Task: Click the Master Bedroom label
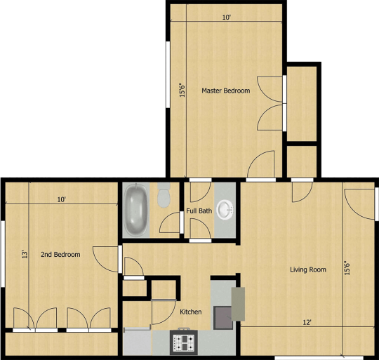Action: [x=226, y=91]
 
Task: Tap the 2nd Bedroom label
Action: [x=60, y=255]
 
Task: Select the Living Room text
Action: [x=308, y=269]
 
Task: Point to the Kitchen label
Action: [x=191, y=312]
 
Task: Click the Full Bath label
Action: [x=199, y=211]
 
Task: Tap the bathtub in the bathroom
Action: [x=136, y=210]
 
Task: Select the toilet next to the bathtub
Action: [x=164, y=195]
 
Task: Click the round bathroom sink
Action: [x=225, y=210]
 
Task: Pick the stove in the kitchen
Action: [x=184, y=342]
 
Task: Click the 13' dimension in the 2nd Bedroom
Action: [x=25, y=255]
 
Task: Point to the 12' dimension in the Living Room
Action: [x=307, y=323]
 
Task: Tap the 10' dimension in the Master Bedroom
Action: [x=227, y=18]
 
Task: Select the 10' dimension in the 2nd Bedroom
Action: [x=61, y=200]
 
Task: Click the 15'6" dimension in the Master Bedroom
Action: [x=182, y=91]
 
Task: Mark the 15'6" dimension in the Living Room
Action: [x=347, y=268]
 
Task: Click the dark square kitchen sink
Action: [x=223, y=317]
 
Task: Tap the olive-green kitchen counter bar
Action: [x=238, y=304]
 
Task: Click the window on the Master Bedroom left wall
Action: [x=168, y=75]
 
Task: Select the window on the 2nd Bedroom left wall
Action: [x=3, y=254]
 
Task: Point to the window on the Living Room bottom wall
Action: [x=319, y=358]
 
